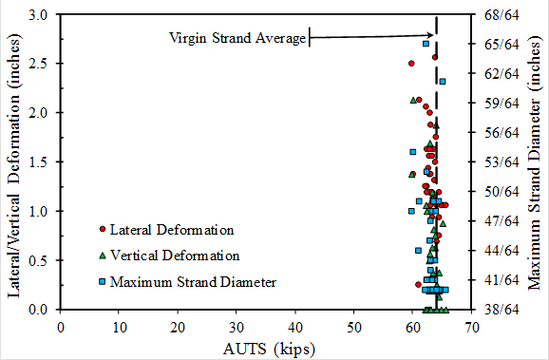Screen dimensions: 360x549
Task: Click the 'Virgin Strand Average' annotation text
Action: click(x=237, y=38)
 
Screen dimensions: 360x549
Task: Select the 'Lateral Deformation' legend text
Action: click(x=171, y=230)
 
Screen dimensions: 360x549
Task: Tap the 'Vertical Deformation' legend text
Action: click(x=174, y=256)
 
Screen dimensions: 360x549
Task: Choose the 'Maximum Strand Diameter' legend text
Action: click(x=193, y=281)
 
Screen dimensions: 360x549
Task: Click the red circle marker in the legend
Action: click(x=102, y=230)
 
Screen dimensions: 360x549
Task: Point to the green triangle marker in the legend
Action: click(x=102, y=256)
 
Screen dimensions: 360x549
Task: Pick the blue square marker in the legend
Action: click(x=102, y=281)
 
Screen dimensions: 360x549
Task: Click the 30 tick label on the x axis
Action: click(x=237, y=326)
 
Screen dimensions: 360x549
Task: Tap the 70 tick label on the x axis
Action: click(x=471, y=326)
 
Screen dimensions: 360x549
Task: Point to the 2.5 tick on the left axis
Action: click(x=41, y=64)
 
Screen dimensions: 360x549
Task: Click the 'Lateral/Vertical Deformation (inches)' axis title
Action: click(x=14, y=161)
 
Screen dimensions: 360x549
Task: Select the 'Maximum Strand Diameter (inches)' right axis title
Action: click(x=534, y=161)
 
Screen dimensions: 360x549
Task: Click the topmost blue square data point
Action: click(x=426, y=44)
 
